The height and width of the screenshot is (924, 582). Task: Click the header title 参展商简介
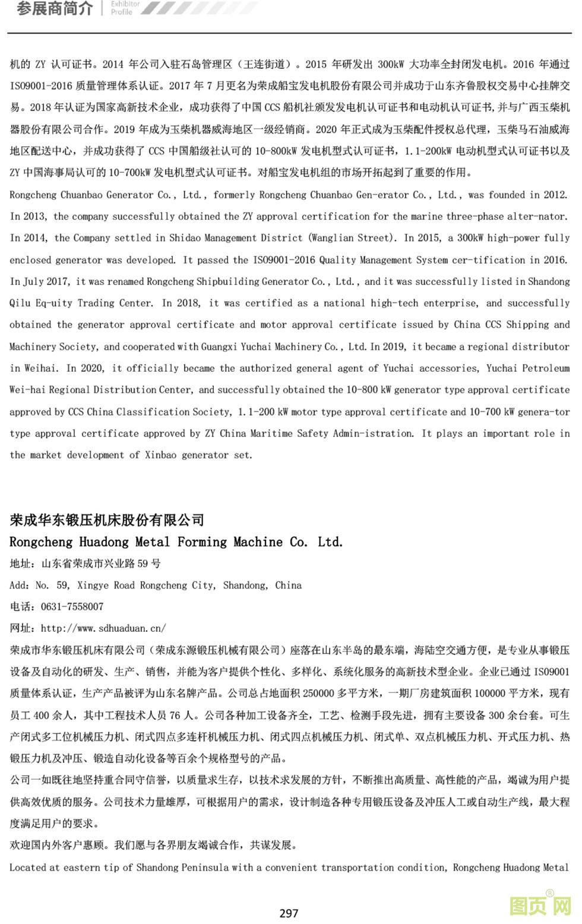(x=55, y=9)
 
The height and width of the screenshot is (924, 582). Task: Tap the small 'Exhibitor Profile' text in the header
(x=125, y=8)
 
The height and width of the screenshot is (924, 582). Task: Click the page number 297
(x=289, y=913)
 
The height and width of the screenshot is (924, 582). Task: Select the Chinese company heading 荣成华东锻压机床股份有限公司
(x=107, y=520)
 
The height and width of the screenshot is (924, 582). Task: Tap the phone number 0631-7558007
(x=72, y=606)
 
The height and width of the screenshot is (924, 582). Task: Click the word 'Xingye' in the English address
(x=92, y=585)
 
